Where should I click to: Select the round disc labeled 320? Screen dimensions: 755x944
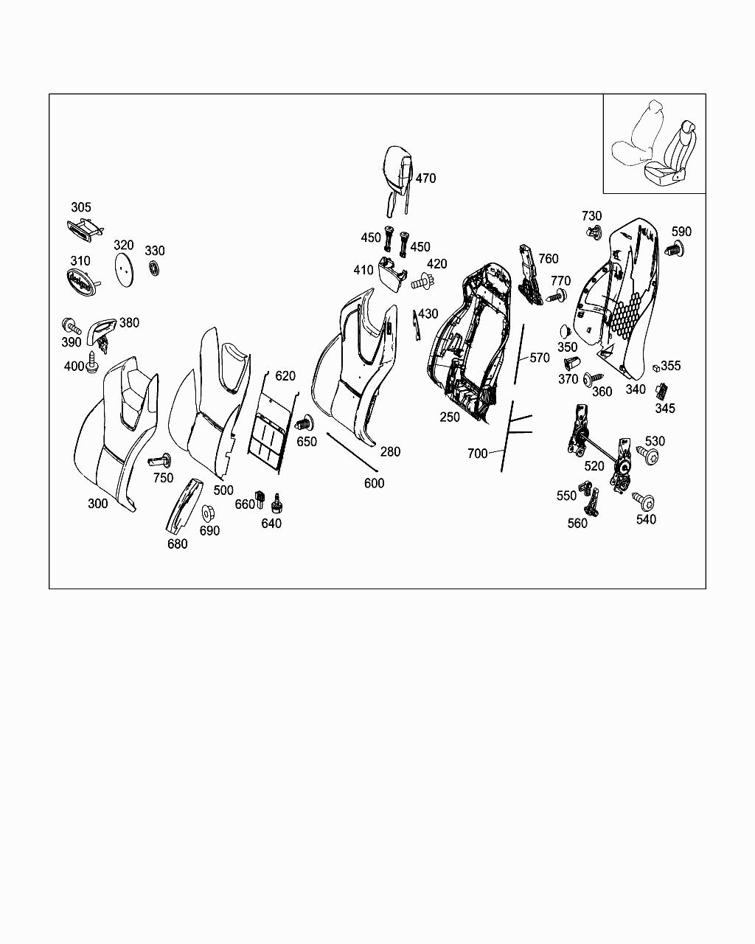point(124,269)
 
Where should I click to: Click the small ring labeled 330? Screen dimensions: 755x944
point(154,268)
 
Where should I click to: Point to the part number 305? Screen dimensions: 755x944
point(81,207)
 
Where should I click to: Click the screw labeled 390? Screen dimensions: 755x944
point(72,325)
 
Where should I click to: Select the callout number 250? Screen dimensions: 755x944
point(450,417)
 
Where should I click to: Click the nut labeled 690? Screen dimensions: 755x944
point(207,513)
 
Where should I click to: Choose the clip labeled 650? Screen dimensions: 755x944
point(305,423)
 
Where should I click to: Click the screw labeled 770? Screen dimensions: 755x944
point(557,296)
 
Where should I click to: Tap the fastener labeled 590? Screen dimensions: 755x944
point(675,249)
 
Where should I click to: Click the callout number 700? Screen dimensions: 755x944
point(477,453)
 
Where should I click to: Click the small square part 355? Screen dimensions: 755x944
point(656,367)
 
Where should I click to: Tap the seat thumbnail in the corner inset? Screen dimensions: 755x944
point(655,143)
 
